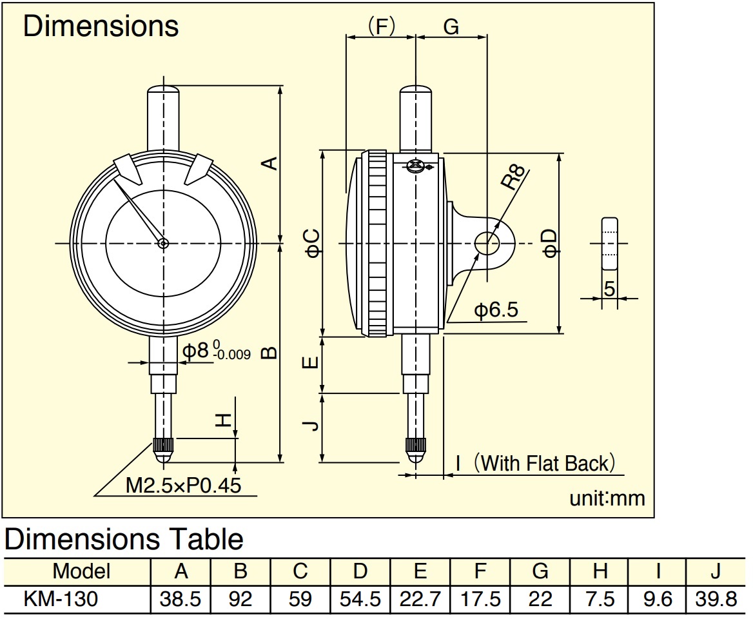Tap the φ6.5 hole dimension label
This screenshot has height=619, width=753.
pyautogui.click(x=496, y=310)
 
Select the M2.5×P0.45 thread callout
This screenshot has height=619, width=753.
pyautogui.click(x=183, y=486)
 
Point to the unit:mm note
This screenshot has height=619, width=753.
pyautogui.click(x=607, y=498)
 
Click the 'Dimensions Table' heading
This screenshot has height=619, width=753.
pyautogui.click(x=124, y=539)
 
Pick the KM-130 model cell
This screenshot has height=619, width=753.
pyautogui.click(x=61, y=599)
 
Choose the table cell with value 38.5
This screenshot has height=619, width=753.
pyautogui.click(x=180, y=599)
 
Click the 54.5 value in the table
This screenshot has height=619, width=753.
pyautogui.click(x=360, y=599)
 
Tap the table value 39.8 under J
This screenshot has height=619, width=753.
pyautogui.click(x=716, y=599)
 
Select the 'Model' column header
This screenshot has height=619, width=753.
pyautogui.click(x=81, y=571)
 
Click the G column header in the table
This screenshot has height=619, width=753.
pyautogui.click(x=540, y=571)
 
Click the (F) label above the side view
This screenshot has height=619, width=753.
pyautogui.click(x=381, y=26)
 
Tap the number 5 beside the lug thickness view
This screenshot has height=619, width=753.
pyautogui.click(x=609, y=289)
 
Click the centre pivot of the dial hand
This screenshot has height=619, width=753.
pyautogui.click(x=163, y=244)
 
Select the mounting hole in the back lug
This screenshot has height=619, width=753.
pyautogui.click(x=487, y=243)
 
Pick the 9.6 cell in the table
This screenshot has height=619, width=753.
pyautogui.click(x=658, y=599)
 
